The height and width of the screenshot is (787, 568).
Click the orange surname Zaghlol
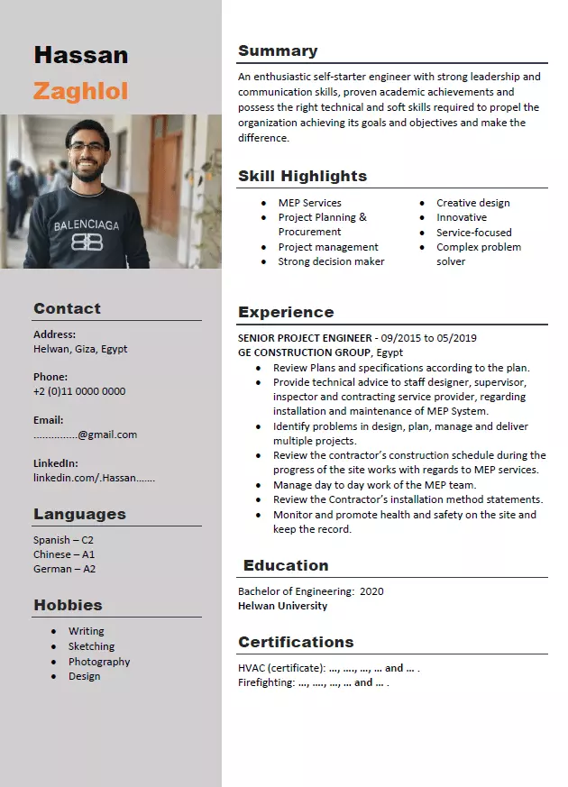point(80,91)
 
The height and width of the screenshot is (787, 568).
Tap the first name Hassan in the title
point(80,56)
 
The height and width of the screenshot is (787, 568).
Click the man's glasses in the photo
point(87,147)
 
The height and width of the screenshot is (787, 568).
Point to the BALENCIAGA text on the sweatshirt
point(87,225)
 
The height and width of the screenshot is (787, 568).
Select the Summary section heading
point(278,51)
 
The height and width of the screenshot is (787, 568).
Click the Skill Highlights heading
point(302,177)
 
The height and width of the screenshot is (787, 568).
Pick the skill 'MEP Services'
point(309,203)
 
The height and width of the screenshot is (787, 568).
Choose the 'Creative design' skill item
point(472,203)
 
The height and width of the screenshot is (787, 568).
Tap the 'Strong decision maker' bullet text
point(331,261)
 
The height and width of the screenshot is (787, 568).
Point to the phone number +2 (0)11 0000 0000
point(79,391)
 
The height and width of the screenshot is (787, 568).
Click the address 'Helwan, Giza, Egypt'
point(80,349)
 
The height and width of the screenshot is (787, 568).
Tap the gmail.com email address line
point(86,435)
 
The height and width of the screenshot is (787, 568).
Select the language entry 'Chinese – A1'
point(64,554)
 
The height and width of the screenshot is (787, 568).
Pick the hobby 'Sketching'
point(91,646)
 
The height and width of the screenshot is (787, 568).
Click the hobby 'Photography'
point(99,662)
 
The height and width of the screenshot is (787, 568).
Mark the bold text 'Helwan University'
point(282,606)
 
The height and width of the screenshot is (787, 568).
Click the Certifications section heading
point(296,643)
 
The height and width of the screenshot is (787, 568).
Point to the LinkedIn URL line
point(94,478)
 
